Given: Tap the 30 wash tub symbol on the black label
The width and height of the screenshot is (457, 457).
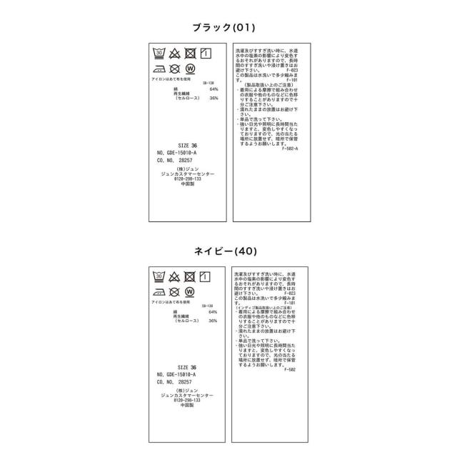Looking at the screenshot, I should click(x=159, y=54).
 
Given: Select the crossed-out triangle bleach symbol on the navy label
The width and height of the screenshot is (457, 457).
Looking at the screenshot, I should click(x=174, y=276).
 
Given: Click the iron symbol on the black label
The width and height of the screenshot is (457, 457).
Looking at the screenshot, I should click(x=159, y=69).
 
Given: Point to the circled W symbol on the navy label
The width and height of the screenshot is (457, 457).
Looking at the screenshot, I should click(x=190, y=291).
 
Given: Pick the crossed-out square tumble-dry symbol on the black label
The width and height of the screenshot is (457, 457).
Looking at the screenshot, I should click(x=190, y=54).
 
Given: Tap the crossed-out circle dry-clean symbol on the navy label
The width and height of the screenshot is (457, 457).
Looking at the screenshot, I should click(x=174, y=291).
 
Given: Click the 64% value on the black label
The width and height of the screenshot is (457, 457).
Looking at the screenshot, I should click(x=213, y=89).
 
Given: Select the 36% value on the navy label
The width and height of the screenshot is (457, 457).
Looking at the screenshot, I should click(x=213, y=321).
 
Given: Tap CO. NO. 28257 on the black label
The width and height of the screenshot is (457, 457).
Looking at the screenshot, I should click(x=174, y=161).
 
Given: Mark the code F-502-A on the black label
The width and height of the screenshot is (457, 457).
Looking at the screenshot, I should click(x=290, y=149).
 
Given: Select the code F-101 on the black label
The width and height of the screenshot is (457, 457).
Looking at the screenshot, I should click(x=291, y=80).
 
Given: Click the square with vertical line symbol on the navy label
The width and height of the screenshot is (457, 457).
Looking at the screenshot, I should click(x=206, y=276).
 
